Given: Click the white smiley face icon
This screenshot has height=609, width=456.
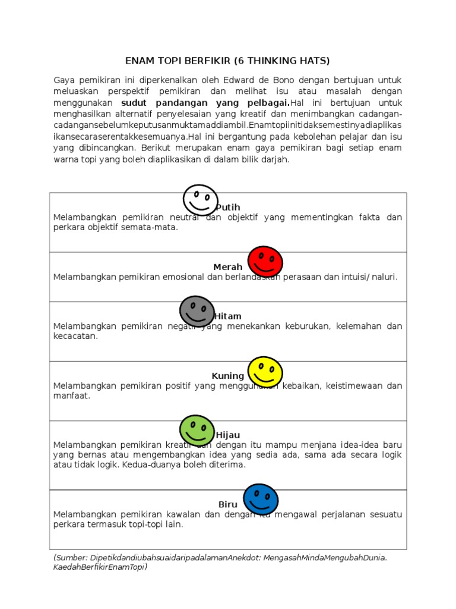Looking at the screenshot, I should [200, 200].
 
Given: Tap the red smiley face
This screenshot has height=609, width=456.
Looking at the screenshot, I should [265, 261].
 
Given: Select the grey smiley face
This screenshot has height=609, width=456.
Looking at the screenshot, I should [197, 311].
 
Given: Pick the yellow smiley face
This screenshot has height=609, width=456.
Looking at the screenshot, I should [265, 371].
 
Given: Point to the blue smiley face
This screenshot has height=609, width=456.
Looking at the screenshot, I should [261, 499].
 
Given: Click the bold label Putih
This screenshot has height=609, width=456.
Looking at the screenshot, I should [228, 207].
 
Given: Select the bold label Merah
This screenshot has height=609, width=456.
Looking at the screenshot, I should [228, 266].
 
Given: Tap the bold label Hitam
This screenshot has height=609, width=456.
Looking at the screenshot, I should [228, 316].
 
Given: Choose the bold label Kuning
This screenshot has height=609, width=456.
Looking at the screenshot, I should [228, 376].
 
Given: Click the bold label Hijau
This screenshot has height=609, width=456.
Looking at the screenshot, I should [228, 435].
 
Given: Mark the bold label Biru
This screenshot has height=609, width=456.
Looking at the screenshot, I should [228, 504].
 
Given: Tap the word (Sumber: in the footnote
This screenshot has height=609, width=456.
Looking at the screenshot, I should [70, 557].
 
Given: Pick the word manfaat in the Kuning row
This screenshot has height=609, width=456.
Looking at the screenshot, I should [71, 395].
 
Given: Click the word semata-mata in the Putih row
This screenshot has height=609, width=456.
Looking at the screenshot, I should [152, 227].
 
